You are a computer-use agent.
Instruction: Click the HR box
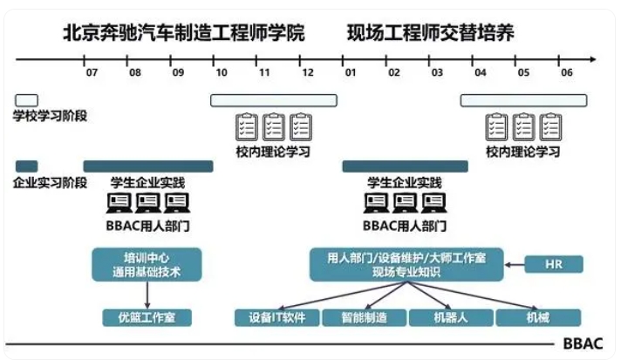[552, 263]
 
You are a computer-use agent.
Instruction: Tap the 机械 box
[538, 317]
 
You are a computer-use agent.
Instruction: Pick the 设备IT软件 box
[271, 317]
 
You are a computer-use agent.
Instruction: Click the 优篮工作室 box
[147, 317]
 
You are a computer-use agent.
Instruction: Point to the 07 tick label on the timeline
[92, 73]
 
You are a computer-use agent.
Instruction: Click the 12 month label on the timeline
[307, 73]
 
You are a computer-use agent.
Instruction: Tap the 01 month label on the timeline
[350, 73]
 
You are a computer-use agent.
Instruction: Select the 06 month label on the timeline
[566, 73]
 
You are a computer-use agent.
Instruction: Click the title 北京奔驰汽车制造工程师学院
[183, 34]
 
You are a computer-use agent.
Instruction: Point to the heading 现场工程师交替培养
[429, 34]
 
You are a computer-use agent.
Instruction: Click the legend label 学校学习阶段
[50, 116]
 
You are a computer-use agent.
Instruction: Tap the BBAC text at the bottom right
[583, 343]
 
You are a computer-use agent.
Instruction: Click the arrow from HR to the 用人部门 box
[515, 263]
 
